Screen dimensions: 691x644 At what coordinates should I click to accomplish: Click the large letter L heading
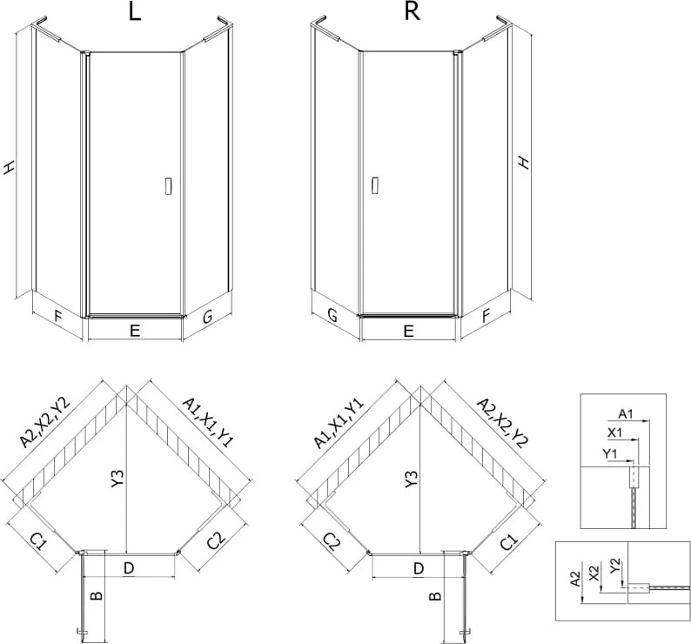pos(135,12)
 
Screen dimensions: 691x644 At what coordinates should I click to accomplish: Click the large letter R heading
pos(412,12)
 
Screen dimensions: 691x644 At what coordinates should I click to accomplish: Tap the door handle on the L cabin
pos(168,186)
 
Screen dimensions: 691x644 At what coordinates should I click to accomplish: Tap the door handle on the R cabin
pos(374,185)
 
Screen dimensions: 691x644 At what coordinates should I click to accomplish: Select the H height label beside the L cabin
pos(9,167)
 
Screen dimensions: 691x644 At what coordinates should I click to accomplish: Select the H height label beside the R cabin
pos(523,162)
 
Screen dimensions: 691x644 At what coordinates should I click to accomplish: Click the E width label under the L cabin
pos(135,330)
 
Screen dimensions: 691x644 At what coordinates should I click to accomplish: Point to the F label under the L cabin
pos(58,316)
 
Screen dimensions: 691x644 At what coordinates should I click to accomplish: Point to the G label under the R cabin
pos(332,315)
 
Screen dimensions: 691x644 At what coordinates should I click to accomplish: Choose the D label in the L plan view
pos(128,568)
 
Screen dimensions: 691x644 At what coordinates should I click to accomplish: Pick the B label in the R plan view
pos(435,596)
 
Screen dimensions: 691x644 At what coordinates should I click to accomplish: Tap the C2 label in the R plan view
pos(332,541)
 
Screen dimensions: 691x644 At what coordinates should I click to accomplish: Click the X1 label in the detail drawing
pos(614,433)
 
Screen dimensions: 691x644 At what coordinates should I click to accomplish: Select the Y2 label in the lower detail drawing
pos(615,566)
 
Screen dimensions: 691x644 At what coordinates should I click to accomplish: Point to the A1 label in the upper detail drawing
pos(626,413)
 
